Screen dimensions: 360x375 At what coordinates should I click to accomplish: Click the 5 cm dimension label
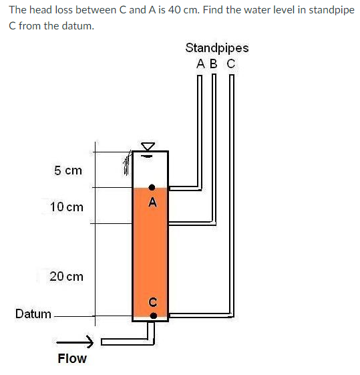click(68, 170)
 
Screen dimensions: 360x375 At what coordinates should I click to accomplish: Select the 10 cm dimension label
click(67, 207)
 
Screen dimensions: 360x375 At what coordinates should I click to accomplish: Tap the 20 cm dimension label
click(66, 276)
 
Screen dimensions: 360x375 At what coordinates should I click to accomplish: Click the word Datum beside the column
click(33, 314)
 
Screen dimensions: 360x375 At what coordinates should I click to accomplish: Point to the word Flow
click(72, 358)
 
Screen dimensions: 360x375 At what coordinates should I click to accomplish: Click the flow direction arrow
click(75, 342)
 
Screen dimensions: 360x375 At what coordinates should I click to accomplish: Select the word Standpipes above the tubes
click(217, 48)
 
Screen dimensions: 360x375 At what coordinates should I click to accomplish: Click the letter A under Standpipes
click(200, 64)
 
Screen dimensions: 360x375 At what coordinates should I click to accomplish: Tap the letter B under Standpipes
click(214, 64)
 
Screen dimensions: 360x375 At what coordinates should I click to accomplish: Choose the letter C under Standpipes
click(231, 64)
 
